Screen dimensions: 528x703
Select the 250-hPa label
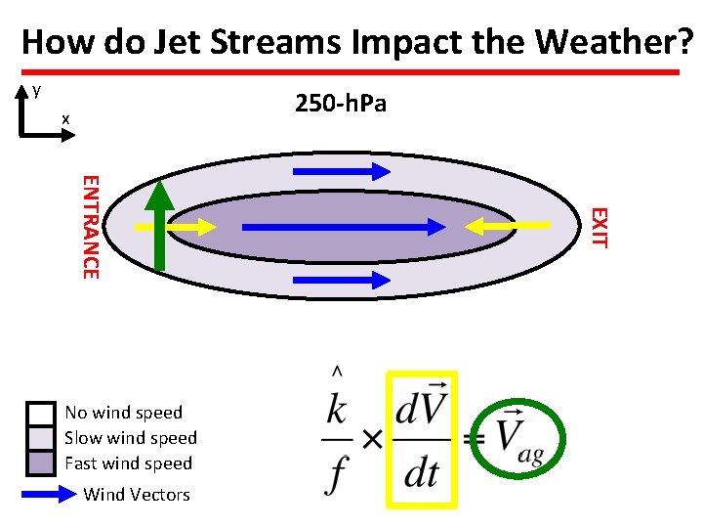coord(340,103)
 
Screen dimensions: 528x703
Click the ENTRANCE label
coord(89,226)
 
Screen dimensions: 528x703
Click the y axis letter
coord(36,91)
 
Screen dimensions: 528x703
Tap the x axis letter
coord(65,119)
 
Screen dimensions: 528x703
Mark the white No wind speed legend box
coord(41,413)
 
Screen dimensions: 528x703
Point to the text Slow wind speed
coord(131,438)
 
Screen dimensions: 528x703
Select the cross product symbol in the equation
coord(371,440)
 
